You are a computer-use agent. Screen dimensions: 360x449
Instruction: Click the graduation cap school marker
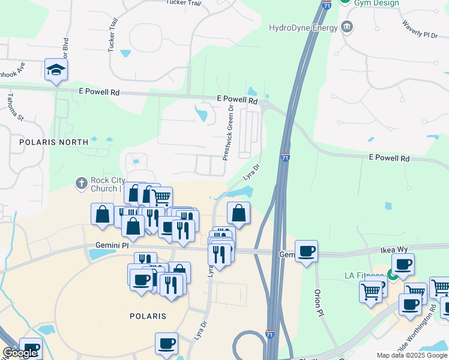tap(56, 70)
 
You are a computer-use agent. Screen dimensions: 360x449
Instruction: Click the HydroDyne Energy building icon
tap(346, 26)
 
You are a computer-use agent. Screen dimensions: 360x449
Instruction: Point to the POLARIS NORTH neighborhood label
tap(53, 142)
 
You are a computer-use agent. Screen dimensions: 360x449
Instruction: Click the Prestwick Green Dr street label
tap(228, 131)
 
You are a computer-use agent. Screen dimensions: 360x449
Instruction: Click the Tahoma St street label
tap(14, 107)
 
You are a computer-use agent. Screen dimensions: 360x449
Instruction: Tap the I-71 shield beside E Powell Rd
tap(285, 157)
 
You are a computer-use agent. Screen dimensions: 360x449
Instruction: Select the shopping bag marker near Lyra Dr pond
tap(238, 213)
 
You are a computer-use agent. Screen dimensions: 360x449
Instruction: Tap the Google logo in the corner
tap(20, 353)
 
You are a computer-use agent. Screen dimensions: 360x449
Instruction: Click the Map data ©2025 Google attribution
tap(412, 355)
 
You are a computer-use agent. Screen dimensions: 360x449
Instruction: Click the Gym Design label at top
tap(376, 3)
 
